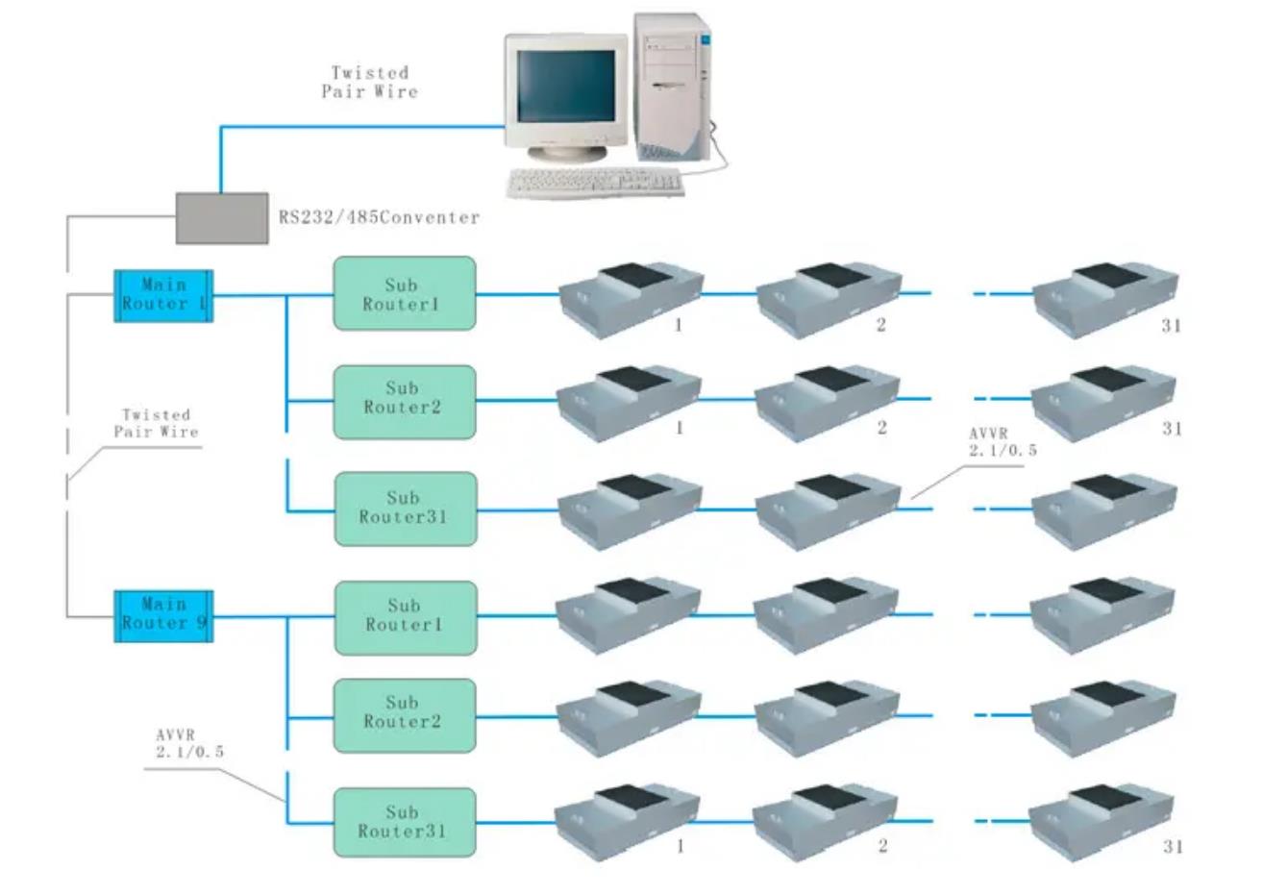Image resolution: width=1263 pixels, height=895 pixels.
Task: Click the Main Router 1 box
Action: pyautogui.click(x=163, y=295)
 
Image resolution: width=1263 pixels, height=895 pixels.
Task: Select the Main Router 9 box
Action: pyautogui.click(x=163, y=615)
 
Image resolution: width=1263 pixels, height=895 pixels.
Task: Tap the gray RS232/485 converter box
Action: pyautogui.click(x=222, y=218)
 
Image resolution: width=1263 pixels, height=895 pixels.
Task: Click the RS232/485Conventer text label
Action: pyautogui.click(x=379, y=218)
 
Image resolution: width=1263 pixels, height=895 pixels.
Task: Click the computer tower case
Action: pyautogui.click(x=673, y=87)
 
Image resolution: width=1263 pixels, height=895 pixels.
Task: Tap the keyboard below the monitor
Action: pyautogui.click(x=596, y=182)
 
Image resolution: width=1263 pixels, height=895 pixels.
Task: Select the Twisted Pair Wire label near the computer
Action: pyautogui.click(x=370, y=82)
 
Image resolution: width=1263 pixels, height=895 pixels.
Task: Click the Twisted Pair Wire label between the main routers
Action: pyautogui.click(x=156, y=423)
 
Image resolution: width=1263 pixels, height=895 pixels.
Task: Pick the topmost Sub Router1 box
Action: pyautogui.click(x=404, y=293)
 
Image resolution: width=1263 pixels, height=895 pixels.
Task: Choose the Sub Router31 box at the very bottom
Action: pyautogui.click(x=404, y=822)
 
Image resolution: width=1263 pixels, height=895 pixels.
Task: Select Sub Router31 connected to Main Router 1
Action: pyautogui.click(x=404, y=509)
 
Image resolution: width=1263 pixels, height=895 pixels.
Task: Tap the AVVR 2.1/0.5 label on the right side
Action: pyautogui.click(x=1003, y=442)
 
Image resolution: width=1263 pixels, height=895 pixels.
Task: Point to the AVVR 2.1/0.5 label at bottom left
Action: pyautogui.click(x=189, y=744)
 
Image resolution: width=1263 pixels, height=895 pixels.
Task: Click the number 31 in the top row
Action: pyautogui.click(x=1171, y=326)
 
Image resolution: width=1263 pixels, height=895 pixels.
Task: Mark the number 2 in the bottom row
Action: pyautogui.click(x=882, y=847)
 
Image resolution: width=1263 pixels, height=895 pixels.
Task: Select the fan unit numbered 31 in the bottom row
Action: pyautogui.click(x=1102, y=822)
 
